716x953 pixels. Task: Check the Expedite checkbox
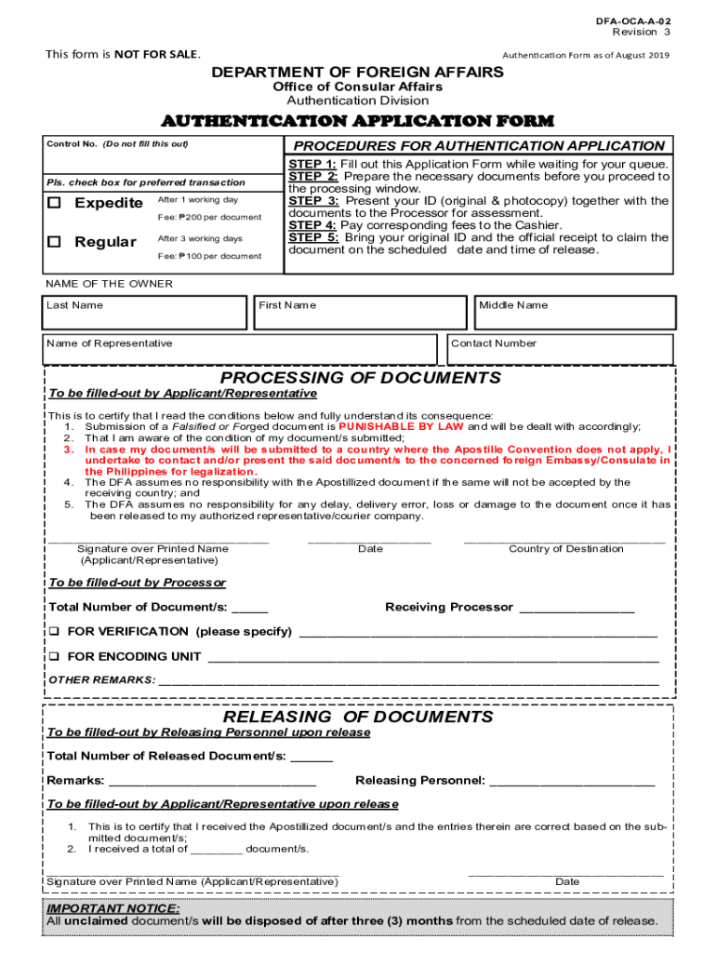55,203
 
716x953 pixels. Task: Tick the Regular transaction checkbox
55,242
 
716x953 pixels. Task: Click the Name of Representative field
239,350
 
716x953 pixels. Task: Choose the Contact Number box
560,350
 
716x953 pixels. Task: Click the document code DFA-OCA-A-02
635,20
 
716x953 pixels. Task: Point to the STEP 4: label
312,225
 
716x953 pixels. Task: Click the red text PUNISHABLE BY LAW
401,427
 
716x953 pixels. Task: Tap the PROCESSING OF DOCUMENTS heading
360,378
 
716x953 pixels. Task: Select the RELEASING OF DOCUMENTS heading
358,717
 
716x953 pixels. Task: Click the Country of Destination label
565,549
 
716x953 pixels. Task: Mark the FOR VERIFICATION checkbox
54,632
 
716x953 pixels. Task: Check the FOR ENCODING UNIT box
54,657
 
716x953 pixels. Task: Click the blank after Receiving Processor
576,608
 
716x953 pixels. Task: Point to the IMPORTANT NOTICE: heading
113,908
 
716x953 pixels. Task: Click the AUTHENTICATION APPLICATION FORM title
358,121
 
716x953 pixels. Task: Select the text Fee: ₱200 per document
209,218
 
